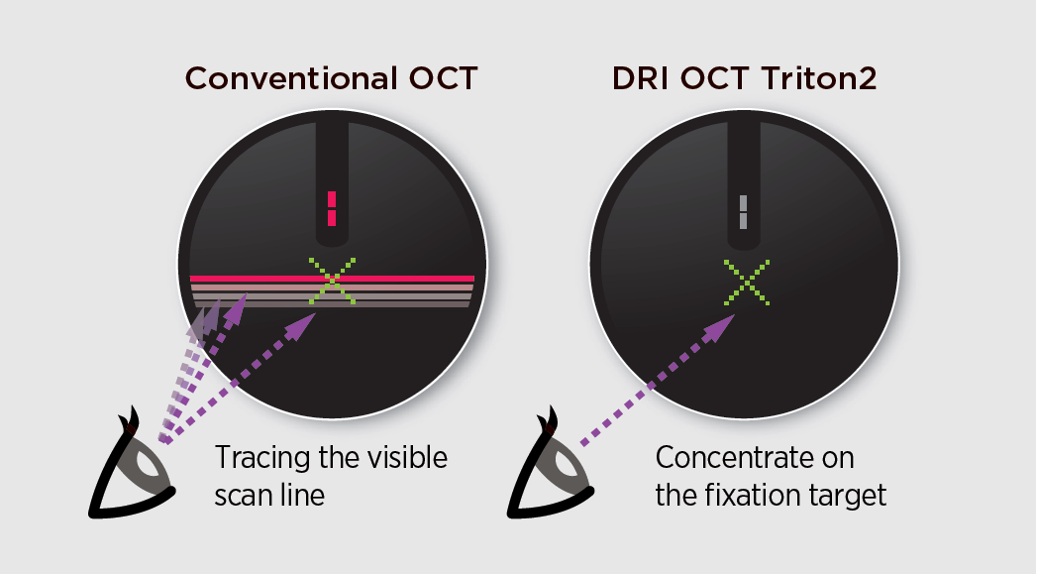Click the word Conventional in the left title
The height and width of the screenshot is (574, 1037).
[291, 78]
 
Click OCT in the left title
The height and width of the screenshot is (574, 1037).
[443, 78]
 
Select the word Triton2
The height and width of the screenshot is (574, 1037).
[819, 78]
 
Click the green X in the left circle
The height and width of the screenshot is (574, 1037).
[332, 281]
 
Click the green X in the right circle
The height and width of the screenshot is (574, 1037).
[747, 283]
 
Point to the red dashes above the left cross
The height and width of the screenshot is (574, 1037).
[332, 208]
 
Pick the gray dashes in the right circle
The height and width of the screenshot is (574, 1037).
[744, 212]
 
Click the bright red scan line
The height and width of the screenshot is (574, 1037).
[332, 279]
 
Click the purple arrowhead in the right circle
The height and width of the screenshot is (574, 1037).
[721, 327]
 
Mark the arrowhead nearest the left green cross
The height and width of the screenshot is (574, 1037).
[301, 326]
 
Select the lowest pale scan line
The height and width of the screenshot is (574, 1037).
[332, 304]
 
